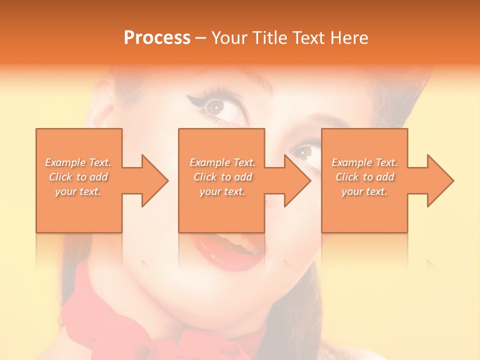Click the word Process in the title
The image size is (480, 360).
pos(157,38)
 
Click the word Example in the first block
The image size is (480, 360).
pos(65,162)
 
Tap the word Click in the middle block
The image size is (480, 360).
pos(204,177)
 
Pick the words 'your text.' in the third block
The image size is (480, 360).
pos(364,191)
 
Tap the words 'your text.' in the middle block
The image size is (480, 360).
pos(222,191)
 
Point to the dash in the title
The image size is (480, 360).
pos(200,38)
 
